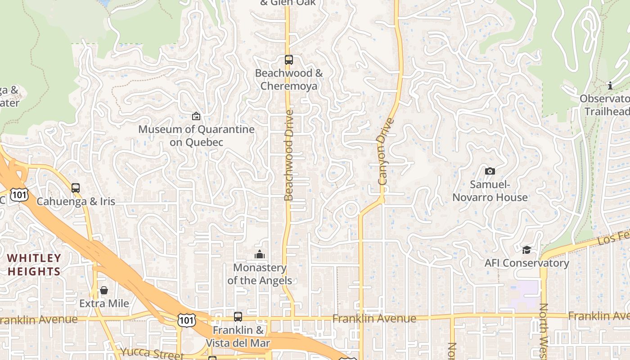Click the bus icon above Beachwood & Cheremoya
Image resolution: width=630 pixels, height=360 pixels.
[289, 60]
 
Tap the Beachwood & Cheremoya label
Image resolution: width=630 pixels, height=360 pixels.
[289, 80]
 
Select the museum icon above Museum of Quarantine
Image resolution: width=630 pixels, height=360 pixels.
[196, 116]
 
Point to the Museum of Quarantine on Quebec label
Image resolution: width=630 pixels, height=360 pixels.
[196, 136]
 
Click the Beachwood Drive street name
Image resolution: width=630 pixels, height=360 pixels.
[289, 155]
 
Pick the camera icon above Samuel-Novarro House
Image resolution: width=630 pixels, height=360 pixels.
[490, 171]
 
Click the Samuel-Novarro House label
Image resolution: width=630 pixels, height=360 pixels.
[490, 191]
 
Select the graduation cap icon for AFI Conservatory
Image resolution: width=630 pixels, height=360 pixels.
[526, 250]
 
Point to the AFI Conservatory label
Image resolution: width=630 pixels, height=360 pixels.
[526, 263]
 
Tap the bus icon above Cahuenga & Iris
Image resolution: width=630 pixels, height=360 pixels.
[76, 188]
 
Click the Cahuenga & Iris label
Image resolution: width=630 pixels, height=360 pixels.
[76, 201]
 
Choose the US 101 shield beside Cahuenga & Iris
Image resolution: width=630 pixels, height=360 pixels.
[20, 194]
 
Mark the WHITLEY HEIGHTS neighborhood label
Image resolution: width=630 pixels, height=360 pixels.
[34, 265]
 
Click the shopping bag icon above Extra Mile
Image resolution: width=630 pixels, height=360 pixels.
[104, 290]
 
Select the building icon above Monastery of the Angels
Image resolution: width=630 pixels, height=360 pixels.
[260, 255]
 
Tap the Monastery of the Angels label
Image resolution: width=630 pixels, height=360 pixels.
[260, 274]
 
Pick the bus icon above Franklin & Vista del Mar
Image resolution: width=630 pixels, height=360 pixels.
[238, 317]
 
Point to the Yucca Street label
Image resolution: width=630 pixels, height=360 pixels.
[152, 353]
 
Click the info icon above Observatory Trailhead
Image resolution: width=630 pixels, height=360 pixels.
[610, 85]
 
